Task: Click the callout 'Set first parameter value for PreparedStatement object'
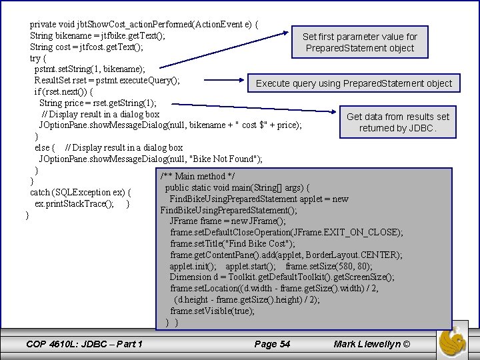click(x=359, y=42)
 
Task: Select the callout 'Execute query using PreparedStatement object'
click(x=353, y=83)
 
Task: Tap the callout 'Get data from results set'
click(x=397, y=117)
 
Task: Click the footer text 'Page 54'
click(x=272, y=344)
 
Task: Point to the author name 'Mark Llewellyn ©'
click(x=372, y=344)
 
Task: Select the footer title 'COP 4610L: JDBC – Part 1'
click(x=84, y=344)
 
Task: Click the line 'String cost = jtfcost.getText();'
click(x=86, y=47)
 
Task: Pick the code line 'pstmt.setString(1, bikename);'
click(x=90, y=69)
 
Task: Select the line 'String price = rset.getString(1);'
click(x=98, y=103)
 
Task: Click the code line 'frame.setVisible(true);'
click(x=212, y=311)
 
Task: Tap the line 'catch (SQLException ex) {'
click(x=79, y=192)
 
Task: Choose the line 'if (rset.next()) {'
click(x=64, y=91)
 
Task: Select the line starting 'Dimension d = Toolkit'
click(x=281, y=277)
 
